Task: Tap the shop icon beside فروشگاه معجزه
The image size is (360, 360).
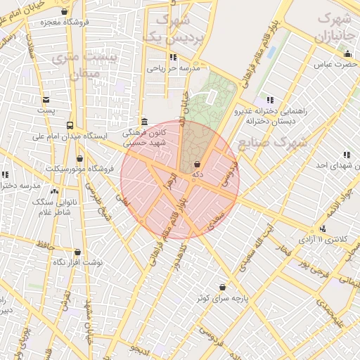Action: tap(65, 11)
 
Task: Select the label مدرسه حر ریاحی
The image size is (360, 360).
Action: tap(174, 69)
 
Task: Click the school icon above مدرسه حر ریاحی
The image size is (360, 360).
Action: tap(173, 58)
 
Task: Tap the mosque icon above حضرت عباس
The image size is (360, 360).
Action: tap(347, 54)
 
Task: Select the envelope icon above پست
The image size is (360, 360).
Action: tap(46, 100)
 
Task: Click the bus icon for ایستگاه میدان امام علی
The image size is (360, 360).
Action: tap(69, 125)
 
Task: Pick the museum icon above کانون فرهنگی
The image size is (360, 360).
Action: tap(144, 121)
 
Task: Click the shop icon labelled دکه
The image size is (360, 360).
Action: tap(196, 164)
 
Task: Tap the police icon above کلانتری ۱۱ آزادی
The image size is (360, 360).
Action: tap(323, 229)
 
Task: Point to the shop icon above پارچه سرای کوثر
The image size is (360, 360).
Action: tap(222, 288)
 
